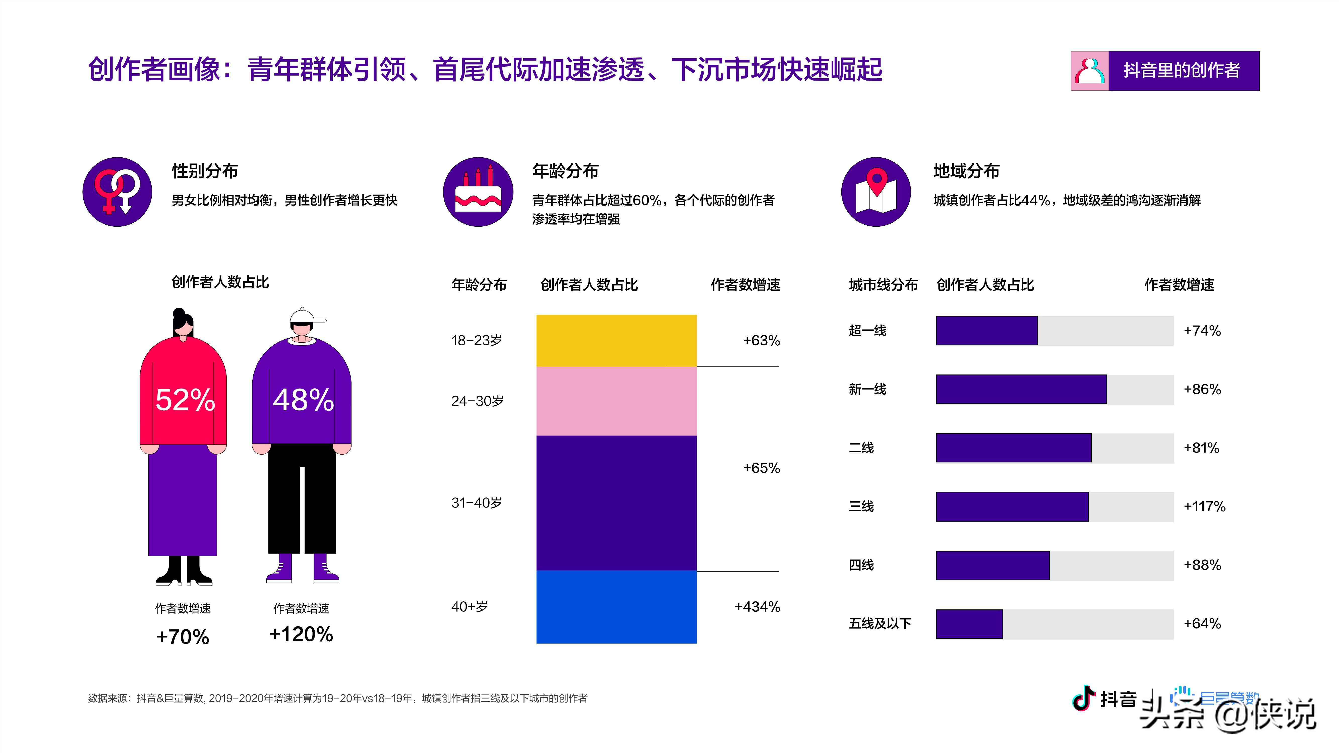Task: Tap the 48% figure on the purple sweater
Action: pyautogui.click(x=303, y=400)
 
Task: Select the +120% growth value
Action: pyautogui.click(x=301, y=634)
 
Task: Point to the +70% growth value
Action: pyautogui.click(x=183, y=637)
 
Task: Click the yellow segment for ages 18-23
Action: pyautogui.click(x=616, y=340)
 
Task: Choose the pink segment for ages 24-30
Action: pyautogui.click(x=616, y=401)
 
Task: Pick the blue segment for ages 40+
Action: pyautogui.click(x=616, y=606)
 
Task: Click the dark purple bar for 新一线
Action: pyautogui.click(x=1021, y=389)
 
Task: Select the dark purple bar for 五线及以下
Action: pyautogui.click(x=969, y=623)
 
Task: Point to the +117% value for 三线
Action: pyautogui.click(x=1204, y=506)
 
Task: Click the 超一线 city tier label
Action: pyautogui.click(x=867, y=331)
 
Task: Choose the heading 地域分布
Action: pyautogui.click(x=966, y=171)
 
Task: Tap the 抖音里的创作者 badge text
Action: pyautogui.click(x=1182, y=70)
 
